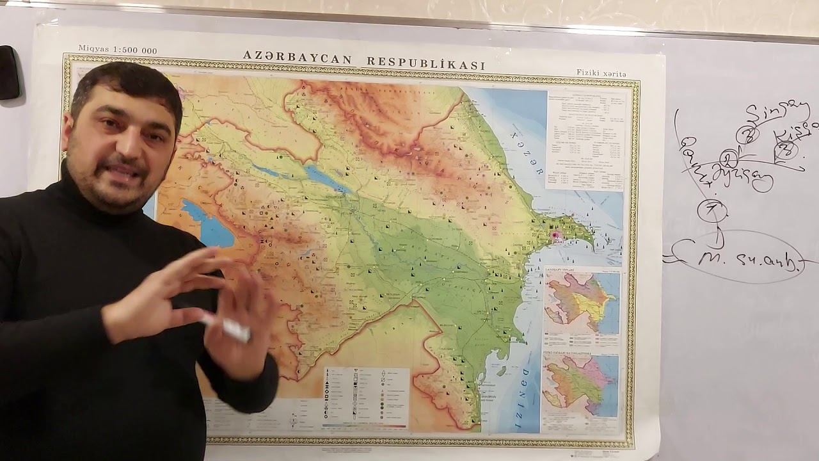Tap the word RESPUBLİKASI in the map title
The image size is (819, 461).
coord(425,63)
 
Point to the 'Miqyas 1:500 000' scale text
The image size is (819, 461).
coord(117,50)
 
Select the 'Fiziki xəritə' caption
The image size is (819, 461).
coord(601,74)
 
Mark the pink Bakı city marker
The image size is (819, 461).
coord(557,236)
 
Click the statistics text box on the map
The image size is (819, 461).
coord(585,140)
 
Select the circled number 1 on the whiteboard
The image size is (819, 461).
coord(712,210)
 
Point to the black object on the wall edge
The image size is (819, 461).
coord(9,72)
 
